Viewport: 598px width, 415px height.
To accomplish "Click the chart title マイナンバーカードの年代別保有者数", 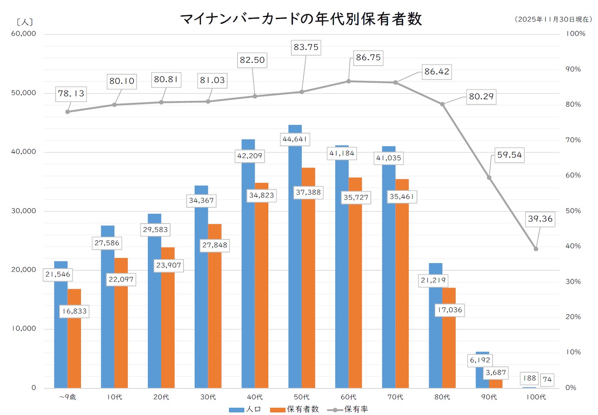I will tap(301, 19).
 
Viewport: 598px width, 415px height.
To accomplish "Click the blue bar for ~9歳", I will tap(61, 335).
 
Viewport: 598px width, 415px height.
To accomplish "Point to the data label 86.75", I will tap(368, 58).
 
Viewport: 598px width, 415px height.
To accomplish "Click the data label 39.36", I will tap(540, 219).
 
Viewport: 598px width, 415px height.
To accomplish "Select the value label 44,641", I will tap(294, 139).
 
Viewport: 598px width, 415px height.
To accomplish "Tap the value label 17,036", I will tap(449, 310).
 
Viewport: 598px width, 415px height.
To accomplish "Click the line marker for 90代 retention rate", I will tap(489, 178).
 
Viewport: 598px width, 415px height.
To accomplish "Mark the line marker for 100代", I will tap(536, 249).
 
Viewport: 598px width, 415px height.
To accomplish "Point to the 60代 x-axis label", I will tap(349, 397).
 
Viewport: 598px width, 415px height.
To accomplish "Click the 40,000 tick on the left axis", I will tap(24, 151).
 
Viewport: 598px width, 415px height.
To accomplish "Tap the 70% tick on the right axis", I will tap(573, 140).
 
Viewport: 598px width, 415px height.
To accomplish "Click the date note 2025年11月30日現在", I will tap(553, 19).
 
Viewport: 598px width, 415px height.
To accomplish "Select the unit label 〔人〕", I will tap(24, 22).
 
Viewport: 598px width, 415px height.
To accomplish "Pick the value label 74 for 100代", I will tap(547, 379).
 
